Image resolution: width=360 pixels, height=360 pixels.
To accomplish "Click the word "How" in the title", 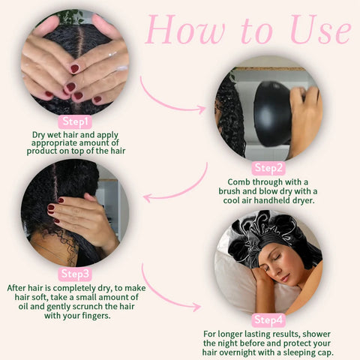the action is click(185, 29).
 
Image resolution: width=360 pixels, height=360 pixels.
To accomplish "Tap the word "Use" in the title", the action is click(321, 29).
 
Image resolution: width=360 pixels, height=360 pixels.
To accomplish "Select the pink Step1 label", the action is click(75, 121).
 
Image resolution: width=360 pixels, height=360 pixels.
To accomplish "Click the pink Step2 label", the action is click(268, 168).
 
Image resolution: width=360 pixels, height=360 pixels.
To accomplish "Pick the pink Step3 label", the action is click(75, 274).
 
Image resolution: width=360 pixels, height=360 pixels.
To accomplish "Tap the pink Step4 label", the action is click(268, 320).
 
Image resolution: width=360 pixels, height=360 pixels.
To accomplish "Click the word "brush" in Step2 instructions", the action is click(229, 191).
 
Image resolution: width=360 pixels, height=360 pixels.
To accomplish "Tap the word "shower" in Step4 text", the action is click(316, 334).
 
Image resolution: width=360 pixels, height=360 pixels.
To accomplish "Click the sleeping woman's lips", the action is click(285, 278).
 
